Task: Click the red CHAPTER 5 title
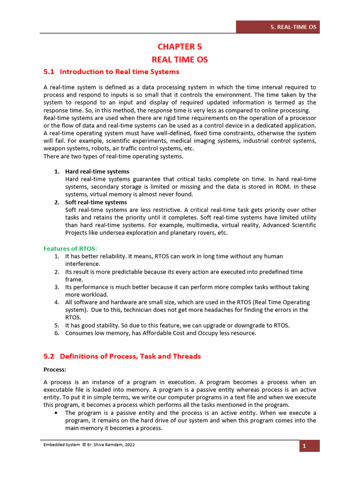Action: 180,46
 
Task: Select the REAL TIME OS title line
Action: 180,60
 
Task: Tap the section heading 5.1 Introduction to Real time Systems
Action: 111,72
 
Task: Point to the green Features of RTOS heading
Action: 70,248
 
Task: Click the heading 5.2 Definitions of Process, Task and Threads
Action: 122,356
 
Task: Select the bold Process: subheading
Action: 55,370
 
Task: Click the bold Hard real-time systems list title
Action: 97,172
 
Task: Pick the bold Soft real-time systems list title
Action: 96,202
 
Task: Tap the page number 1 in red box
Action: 310,446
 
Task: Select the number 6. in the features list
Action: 56,333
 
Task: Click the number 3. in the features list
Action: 56,287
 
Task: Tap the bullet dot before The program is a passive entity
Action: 56,413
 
